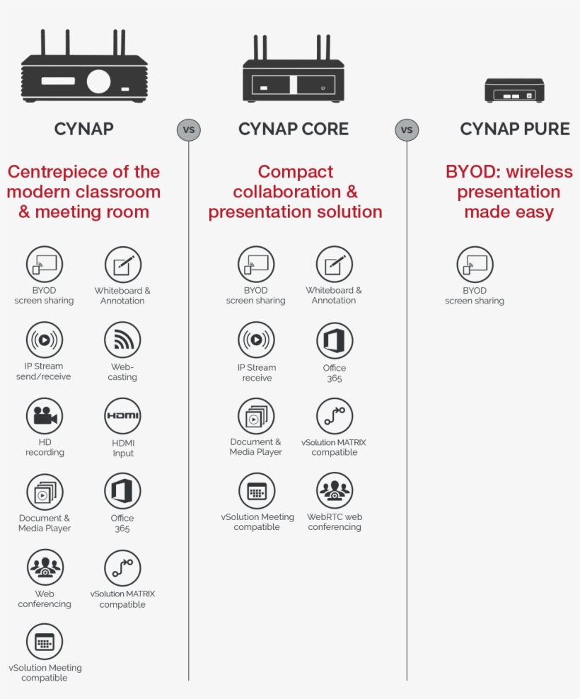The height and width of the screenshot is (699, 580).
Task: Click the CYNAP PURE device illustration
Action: coord(514,91)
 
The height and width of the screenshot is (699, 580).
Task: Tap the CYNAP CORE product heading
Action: coord(294,129)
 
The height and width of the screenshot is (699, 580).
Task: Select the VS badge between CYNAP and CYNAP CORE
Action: coord(188,130)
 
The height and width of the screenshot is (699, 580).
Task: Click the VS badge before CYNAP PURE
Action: coord(407,130)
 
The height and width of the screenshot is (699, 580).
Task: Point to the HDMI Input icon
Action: coord(122,416)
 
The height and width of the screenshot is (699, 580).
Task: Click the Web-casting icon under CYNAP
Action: coord(122,340)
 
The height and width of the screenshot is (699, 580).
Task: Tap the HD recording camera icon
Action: coord(45,416)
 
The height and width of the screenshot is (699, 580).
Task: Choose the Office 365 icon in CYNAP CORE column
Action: coord(334,341)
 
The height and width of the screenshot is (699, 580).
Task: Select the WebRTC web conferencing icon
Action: coord(334,490)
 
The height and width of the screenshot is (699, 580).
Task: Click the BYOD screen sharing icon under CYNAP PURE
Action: coord(475,265)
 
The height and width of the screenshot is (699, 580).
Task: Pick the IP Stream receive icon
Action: coord(256,340)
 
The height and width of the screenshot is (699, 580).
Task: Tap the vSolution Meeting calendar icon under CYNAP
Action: coord(45,642)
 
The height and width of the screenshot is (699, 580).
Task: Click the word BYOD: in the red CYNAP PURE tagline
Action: coord(468,172)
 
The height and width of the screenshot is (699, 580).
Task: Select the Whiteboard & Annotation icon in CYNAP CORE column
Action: coord(334,265)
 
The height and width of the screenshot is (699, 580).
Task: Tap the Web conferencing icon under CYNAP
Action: coord(45,567)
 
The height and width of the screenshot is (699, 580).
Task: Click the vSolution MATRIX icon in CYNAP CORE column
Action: coord(334,417)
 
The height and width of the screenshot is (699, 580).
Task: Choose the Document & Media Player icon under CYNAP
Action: coord(45,492)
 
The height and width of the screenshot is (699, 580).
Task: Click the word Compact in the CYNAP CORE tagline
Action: coord(296,172)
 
